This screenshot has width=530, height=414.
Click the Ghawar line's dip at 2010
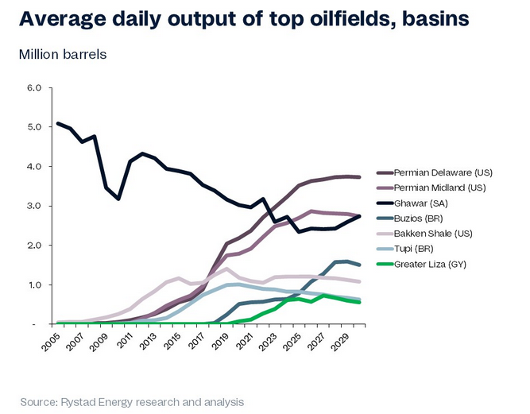pyautogui.click(x=118, y=198)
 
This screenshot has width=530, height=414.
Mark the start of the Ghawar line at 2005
pyautogui.click(x=59, y=124)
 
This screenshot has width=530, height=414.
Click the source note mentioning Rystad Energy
pyautogui.click(x=132, y=401)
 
